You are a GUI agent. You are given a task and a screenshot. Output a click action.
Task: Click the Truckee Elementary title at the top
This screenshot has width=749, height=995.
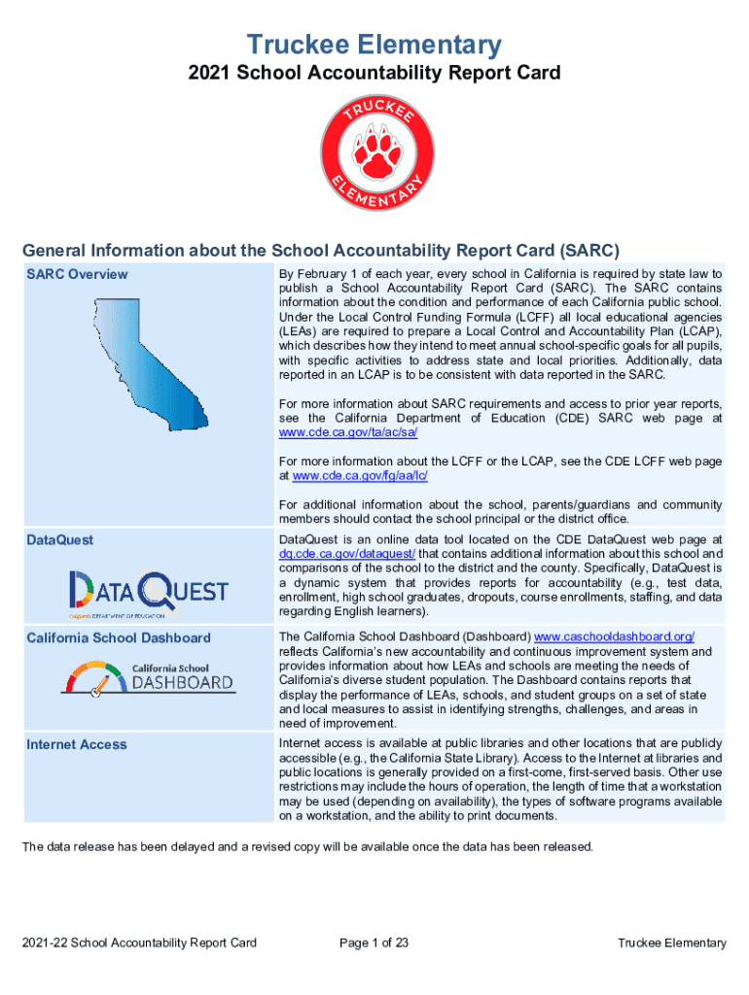pyautogui.click(x=374, y=44)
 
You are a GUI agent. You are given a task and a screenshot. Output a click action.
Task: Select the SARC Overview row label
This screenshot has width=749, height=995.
pyautogui.click(x=77, y=274)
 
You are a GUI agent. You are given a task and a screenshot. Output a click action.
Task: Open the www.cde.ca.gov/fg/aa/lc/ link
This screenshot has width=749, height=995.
pyautogui.click(x=360, y=475)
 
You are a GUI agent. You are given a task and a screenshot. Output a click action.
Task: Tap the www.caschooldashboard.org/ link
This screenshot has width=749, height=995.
pyautogui.click(x=615, y=636)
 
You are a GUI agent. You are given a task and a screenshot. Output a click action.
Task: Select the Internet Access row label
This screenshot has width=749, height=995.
pyautogui.click(x=77, y=744)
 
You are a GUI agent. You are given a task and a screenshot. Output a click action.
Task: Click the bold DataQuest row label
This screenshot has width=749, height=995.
pyautogui.click(x=60, y=539)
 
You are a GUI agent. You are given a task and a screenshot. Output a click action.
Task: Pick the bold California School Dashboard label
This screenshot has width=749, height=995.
pyautogui.click(x=119, y=637)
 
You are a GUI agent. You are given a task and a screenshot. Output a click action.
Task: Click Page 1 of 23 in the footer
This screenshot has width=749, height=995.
pyautogui.click(x=374, y=943)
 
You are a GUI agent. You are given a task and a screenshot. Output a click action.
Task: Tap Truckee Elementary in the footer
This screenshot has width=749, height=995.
pyautogui.click(x=672, y=943)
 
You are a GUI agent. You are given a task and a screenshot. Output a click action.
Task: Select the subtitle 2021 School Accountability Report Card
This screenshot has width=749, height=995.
pyautogui.click(x=374, y=73)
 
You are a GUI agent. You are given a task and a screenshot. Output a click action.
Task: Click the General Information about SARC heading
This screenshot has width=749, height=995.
pyautogui.click(x=321, y=249)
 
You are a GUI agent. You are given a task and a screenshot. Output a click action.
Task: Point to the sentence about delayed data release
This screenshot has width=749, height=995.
pyautogui.click(x=307, y=846)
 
